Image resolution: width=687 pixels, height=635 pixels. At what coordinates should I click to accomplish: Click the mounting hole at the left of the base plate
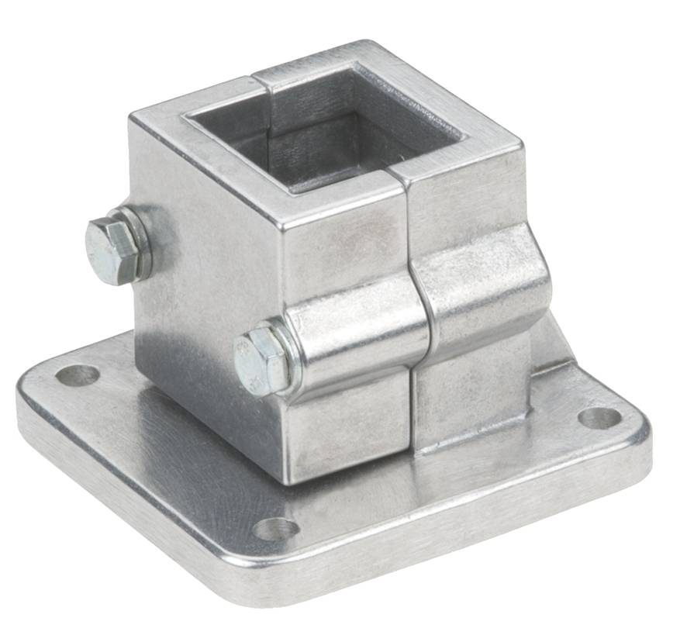click(78, 375)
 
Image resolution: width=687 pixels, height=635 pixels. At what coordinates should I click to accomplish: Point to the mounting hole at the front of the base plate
click(276, 529)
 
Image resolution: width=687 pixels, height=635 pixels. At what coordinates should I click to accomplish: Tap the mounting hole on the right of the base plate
click(599, 418)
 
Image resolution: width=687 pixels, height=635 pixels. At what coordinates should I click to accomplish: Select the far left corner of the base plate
click(27, 388)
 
